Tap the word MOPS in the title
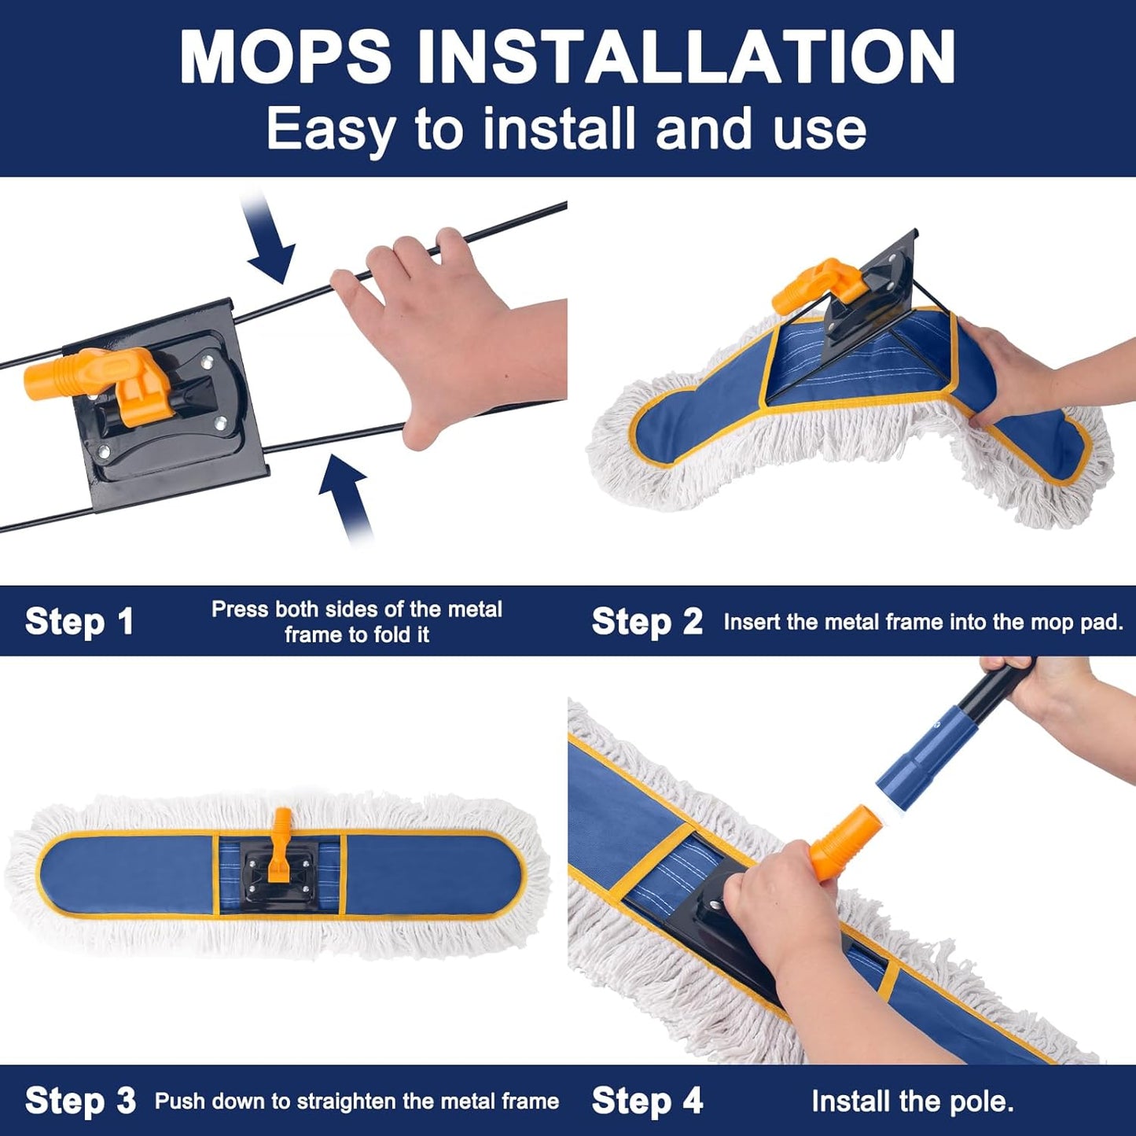(x=285, y=57)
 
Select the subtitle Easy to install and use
(x=566, y=128)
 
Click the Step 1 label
(x=79, y=622)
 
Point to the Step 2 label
(x=647, y=622)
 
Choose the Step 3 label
(x=80, y=1101)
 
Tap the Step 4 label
(x=647, y=1101)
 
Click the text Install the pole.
(x=912, y=1101)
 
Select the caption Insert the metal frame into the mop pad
(x=923, y=622)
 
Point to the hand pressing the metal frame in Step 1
(x=448, y=330)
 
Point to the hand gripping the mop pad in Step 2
(x=1014, y=377)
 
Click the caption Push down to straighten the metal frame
(x=357, y=1101)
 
